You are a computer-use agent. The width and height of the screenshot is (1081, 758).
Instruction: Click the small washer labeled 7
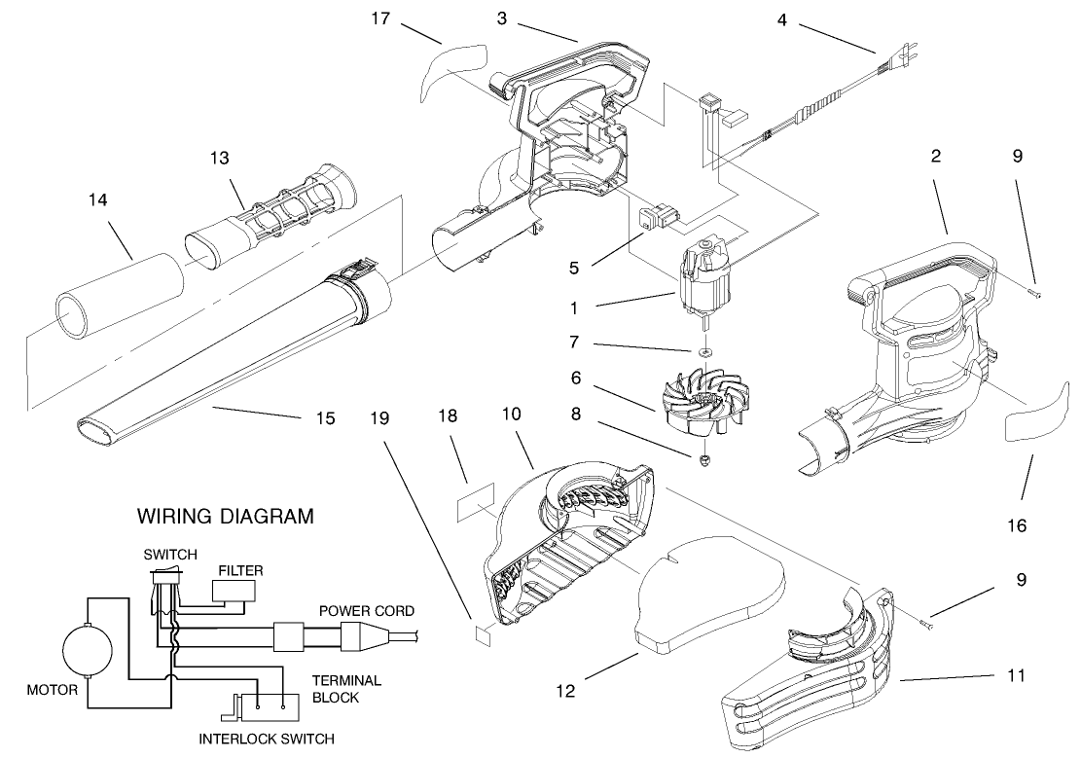pyautogui.click(x=703, y=349)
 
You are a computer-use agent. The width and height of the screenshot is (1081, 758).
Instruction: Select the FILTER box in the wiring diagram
pyautogui.click(x=234, y=590)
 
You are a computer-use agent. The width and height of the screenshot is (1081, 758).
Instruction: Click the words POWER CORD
pyautogui.click(x=366, y=611)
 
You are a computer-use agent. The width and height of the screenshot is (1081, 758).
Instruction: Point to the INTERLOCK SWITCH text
pyautogui.click(x=266, y=739)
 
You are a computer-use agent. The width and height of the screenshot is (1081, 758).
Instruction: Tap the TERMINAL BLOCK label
pyautogui.click(x=345, y=688)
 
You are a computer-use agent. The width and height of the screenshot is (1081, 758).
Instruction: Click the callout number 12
pyautogui.click(x=565, y=691)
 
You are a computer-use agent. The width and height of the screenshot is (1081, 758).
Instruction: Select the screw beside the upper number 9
pyautogui.click(x=1038, y=291)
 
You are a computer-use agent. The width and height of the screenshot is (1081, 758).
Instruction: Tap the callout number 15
pyautogui.click(x=325, y=418)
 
